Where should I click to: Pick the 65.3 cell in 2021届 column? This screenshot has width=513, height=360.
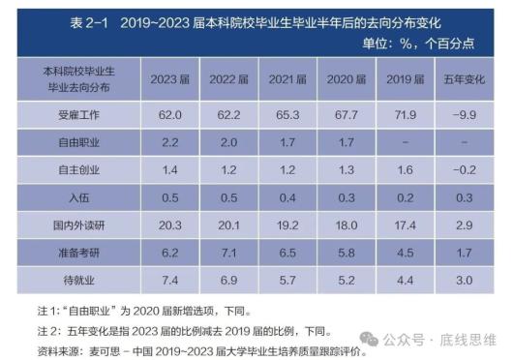tap(287, 114)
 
